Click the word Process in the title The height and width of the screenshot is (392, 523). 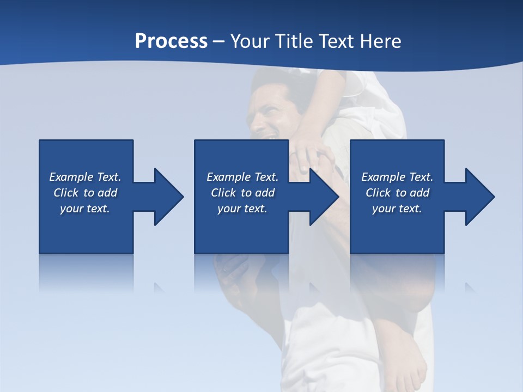pos(171,41)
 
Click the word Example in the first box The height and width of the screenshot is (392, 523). pos(71,177)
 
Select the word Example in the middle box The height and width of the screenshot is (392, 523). pos(228,177)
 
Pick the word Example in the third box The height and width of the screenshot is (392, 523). pos(383,177)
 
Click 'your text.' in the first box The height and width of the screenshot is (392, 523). pos(85,209)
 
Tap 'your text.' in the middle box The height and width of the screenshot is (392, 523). pos(242,209)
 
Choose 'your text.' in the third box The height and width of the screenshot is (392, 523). pos(397,209)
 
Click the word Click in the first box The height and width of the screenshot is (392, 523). pos(66,193)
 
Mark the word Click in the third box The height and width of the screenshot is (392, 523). pos(378,193)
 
